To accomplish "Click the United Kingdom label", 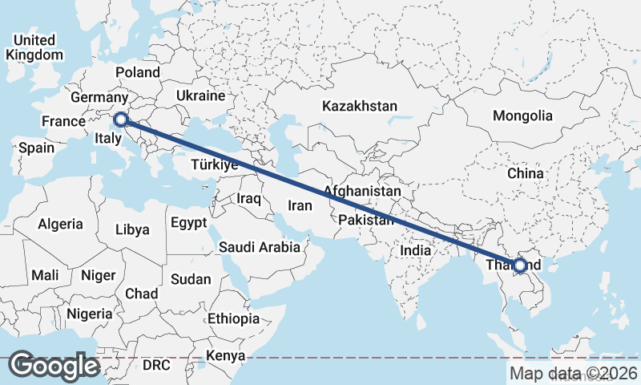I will (34, 47).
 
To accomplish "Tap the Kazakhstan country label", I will (360, 106).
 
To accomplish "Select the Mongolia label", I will (522, 115).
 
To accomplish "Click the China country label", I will (525, 172).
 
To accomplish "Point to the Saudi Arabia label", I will (260, 247).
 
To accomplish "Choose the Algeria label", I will (61, 224).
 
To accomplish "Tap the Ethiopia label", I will (233, 318).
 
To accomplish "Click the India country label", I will (415, 250).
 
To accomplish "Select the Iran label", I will (300, 205).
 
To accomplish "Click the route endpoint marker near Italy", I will (121, 120).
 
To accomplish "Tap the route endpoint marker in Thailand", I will (520, 265).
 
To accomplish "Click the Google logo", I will (54, 366).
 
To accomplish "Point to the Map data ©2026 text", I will (573, 373).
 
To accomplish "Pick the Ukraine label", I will (200, 95).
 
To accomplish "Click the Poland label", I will (138, 72).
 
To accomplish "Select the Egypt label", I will (189, 222).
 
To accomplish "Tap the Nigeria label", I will (88, 313).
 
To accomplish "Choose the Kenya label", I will (225, 355).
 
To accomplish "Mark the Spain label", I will (36, 148).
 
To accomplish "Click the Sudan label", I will (191, 279).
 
